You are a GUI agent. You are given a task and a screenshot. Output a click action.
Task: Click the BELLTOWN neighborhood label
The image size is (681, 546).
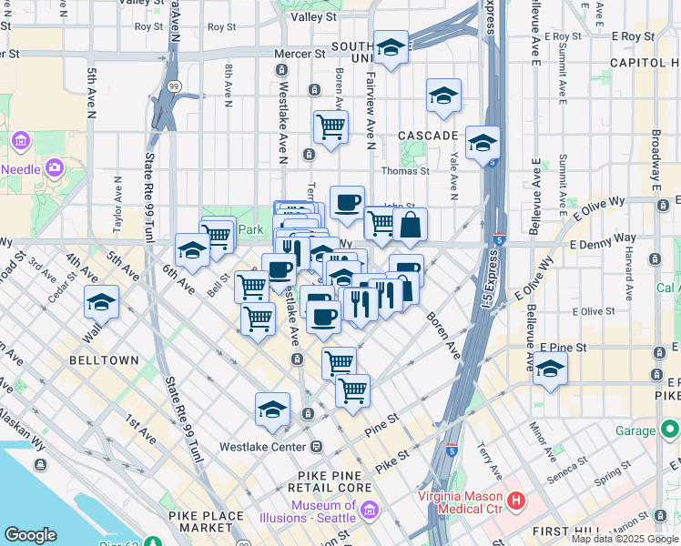(105, 360)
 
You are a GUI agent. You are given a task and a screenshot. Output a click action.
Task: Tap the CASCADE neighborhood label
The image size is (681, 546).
(427, 136)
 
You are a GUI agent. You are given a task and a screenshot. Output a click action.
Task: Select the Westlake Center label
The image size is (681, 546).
(264, 447)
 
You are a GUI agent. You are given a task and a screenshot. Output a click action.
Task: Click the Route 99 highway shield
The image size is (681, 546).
(173, 86)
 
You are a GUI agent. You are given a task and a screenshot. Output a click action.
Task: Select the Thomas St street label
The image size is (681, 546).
(405, 170)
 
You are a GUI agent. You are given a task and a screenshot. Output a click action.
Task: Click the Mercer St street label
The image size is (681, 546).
(293, 54)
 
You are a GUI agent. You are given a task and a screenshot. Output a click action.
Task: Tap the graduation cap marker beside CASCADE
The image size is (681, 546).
(483, 142)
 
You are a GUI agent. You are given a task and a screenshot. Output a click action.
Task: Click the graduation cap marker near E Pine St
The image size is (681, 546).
(550, 369)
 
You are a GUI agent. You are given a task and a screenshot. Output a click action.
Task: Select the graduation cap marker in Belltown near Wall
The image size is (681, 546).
(101, 302)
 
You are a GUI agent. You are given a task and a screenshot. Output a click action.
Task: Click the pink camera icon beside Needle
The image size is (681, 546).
(54, 167)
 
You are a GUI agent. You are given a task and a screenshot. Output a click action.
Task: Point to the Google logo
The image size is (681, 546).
(30, 535)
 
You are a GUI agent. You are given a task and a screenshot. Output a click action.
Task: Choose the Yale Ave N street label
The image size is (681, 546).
(452, 175)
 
